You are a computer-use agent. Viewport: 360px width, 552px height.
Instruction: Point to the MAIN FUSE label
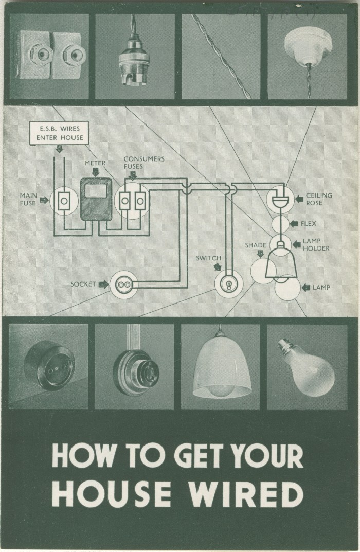(x=28, y=199)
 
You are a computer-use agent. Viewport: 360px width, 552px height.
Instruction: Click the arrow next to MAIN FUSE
(x=44, y=200)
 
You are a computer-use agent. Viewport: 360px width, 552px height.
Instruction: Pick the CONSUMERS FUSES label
(x=143, y=163)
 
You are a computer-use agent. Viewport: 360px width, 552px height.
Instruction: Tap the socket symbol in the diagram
(x=124, y=284)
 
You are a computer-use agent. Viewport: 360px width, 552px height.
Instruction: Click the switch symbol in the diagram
(x=228, y=283)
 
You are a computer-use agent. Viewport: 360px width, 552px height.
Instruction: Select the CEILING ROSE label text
(x=319, y=199)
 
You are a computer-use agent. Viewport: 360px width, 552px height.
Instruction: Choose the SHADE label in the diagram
(x=256, y=245)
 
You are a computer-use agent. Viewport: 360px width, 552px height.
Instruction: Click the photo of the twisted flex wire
(x=221, y=57)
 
